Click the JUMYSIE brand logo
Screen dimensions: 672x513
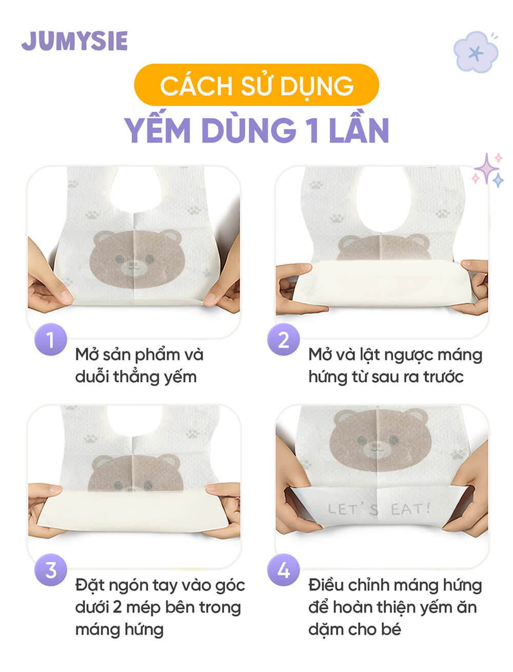[74, 41]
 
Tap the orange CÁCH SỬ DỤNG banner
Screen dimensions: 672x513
[256, 85]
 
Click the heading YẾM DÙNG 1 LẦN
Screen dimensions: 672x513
[256, 130]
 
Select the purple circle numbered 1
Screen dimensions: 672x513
[50, 340]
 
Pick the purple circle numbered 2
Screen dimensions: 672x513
[284, 340]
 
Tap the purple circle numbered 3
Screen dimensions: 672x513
[50, 570]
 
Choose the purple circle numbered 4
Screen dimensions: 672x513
[284, 570]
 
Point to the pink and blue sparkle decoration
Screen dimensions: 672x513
[488, 170]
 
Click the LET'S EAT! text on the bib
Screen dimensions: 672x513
[379, 510]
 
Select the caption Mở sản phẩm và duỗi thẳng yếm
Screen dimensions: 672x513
[139, 365]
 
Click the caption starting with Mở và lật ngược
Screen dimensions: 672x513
[395, 365]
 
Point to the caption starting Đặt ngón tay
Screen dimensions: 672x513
[160, 607]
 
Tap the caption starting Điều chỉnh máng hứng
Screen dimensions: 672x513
[395, 607]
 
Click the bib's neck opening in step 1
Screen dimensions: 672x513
[134, 187]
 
